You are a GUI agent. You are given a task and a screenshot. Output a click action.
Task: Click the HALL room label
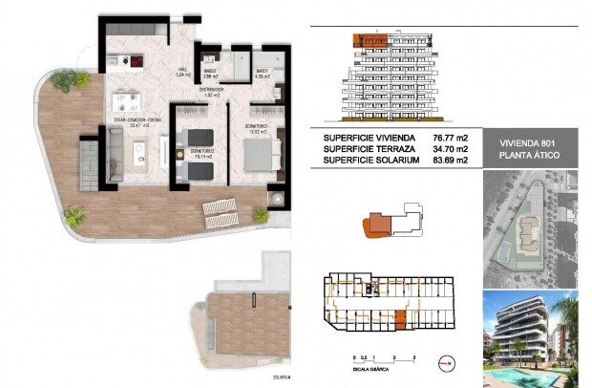point(181,72)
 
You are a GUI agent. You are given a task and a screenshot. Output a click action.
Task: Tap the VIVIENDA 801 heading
point(528,142)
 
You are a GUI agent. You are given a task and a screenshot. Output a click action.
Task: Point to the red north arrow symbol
point(447,361)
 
